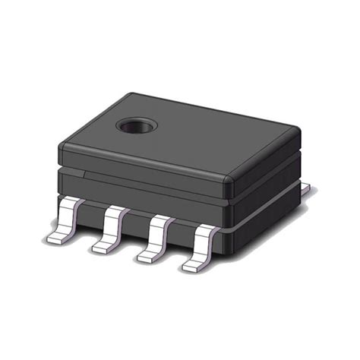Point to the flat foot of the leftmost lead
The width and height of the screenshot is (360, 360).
[58, 237]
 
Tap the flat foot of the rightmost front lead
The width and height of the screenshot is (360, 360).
[193, 266]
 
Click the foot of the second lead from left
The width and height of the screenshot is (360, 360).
[103, 246]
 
